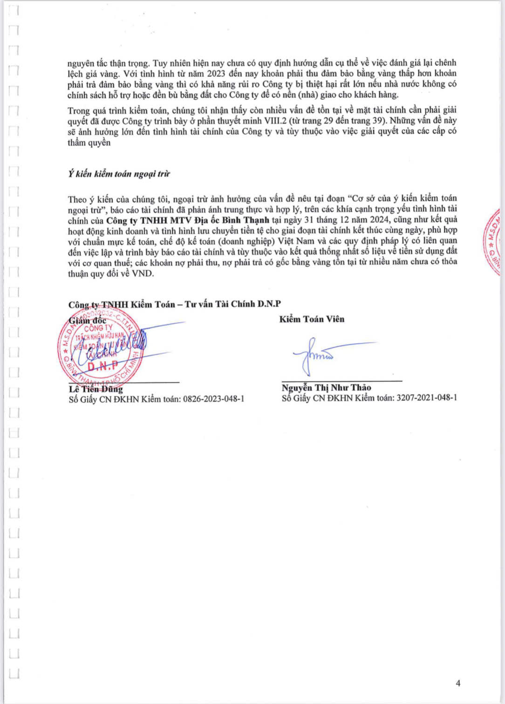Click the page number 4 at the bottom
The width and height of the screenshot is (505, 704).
point(458,683)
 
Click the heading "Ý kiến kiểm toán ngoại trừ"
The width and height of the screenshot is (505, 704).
point(119,174)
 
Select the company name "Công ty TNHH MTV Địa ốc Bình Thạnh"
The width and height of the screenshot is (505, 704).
point(187,220)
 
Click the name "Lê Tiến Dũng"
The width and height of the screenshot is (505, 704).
point(96,389)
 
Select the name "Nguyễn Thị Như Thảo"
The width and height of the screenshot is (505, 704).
point(326,387)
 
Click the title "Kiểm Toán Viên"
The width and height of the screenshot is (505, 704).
point(312,319)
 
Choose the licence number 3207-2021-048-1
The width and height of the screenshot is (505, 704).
point(427,398)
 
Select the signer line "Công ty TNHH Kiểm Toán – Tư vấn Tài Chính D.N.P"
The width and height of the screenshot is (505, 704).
point(175,304)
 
